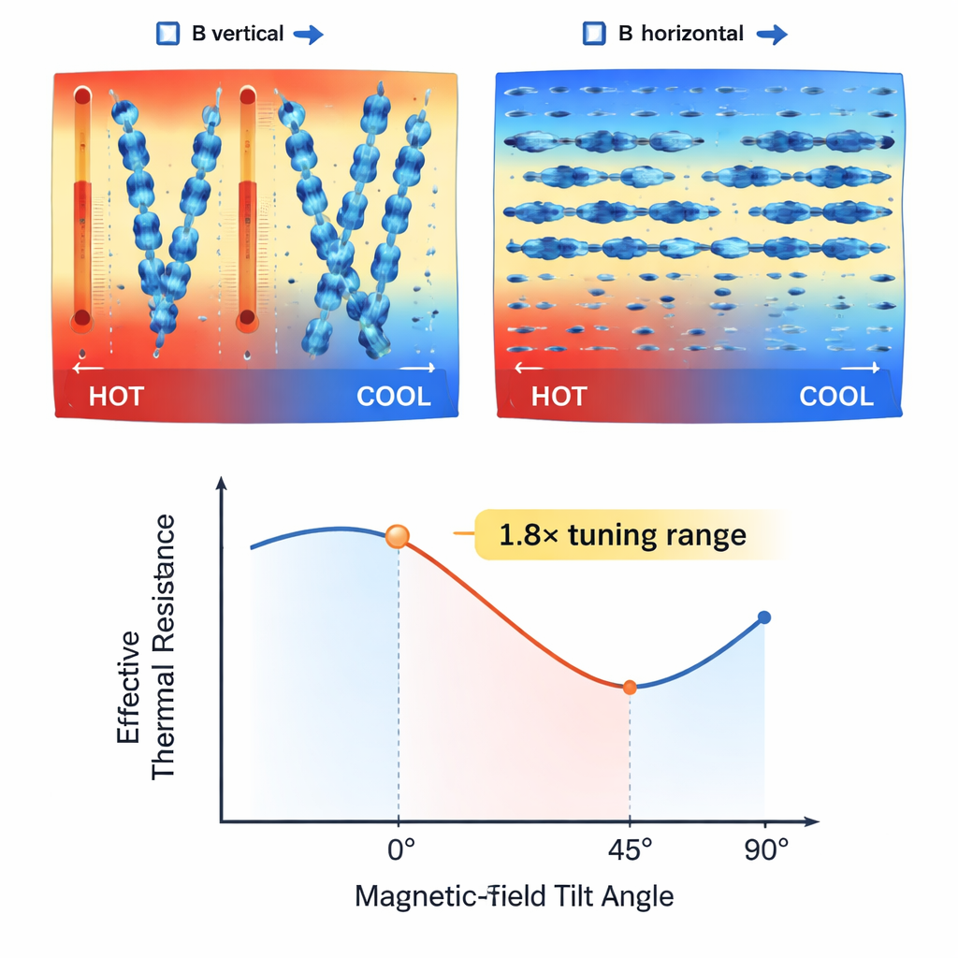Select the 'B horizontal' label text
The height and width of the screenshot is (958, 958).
pyautogui.click(x=681, y=35)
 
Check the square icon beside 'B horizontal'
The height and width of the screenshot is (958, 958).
pyautogui.click(x=592, y=35)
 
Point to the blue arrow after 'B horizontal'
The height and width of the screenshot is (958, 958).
pyautogui.click(x=771, y=36)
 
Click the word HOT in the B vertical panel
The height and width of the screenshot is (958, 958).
pyautogui.click(x=116, y=397)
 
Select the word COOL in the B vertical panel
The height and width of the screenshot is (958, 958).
pyautogui.click(x=394, y=397)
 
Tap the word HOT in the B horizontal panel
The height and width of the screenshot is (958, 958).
pyautogui.click(x=559, y=397)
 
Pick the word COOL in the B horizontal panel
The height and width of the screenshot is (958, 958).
pyautogui.click(x=836, y=397)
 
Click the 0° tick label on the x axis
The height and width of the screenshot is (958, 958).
pyautogui.click(x=400, y=852)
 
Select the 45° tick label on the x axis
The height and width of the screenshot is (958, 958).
pyautogui.click(x=629, y=852)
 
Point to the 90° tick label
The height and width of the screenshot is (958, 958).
pyautogui.click(x=766, y=852)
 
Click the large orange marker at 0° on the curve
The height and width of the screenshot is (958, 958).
pyautogui.click(x=398, y=537)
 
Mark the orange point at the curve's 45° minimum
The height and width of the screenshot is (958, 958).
pyautogui.click(x=630, y=688)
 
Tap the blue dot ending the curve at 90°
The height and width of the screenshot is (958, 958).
pyautogui.click(x=764, y=617)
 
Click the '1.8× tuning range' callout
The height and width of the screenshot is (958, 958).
pyautogui.click(x=622, y=535)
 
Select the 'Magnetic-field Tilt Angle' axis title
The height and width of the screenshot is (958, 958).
pyautogui.click(x=514, y=896)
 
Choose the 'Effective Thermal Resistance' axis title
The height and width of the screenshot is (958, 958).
pyautogui.click(x=147, y=646)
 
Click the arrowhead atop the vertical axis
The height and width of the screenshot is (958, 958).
pyautogui.click(x=222, y=484)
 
